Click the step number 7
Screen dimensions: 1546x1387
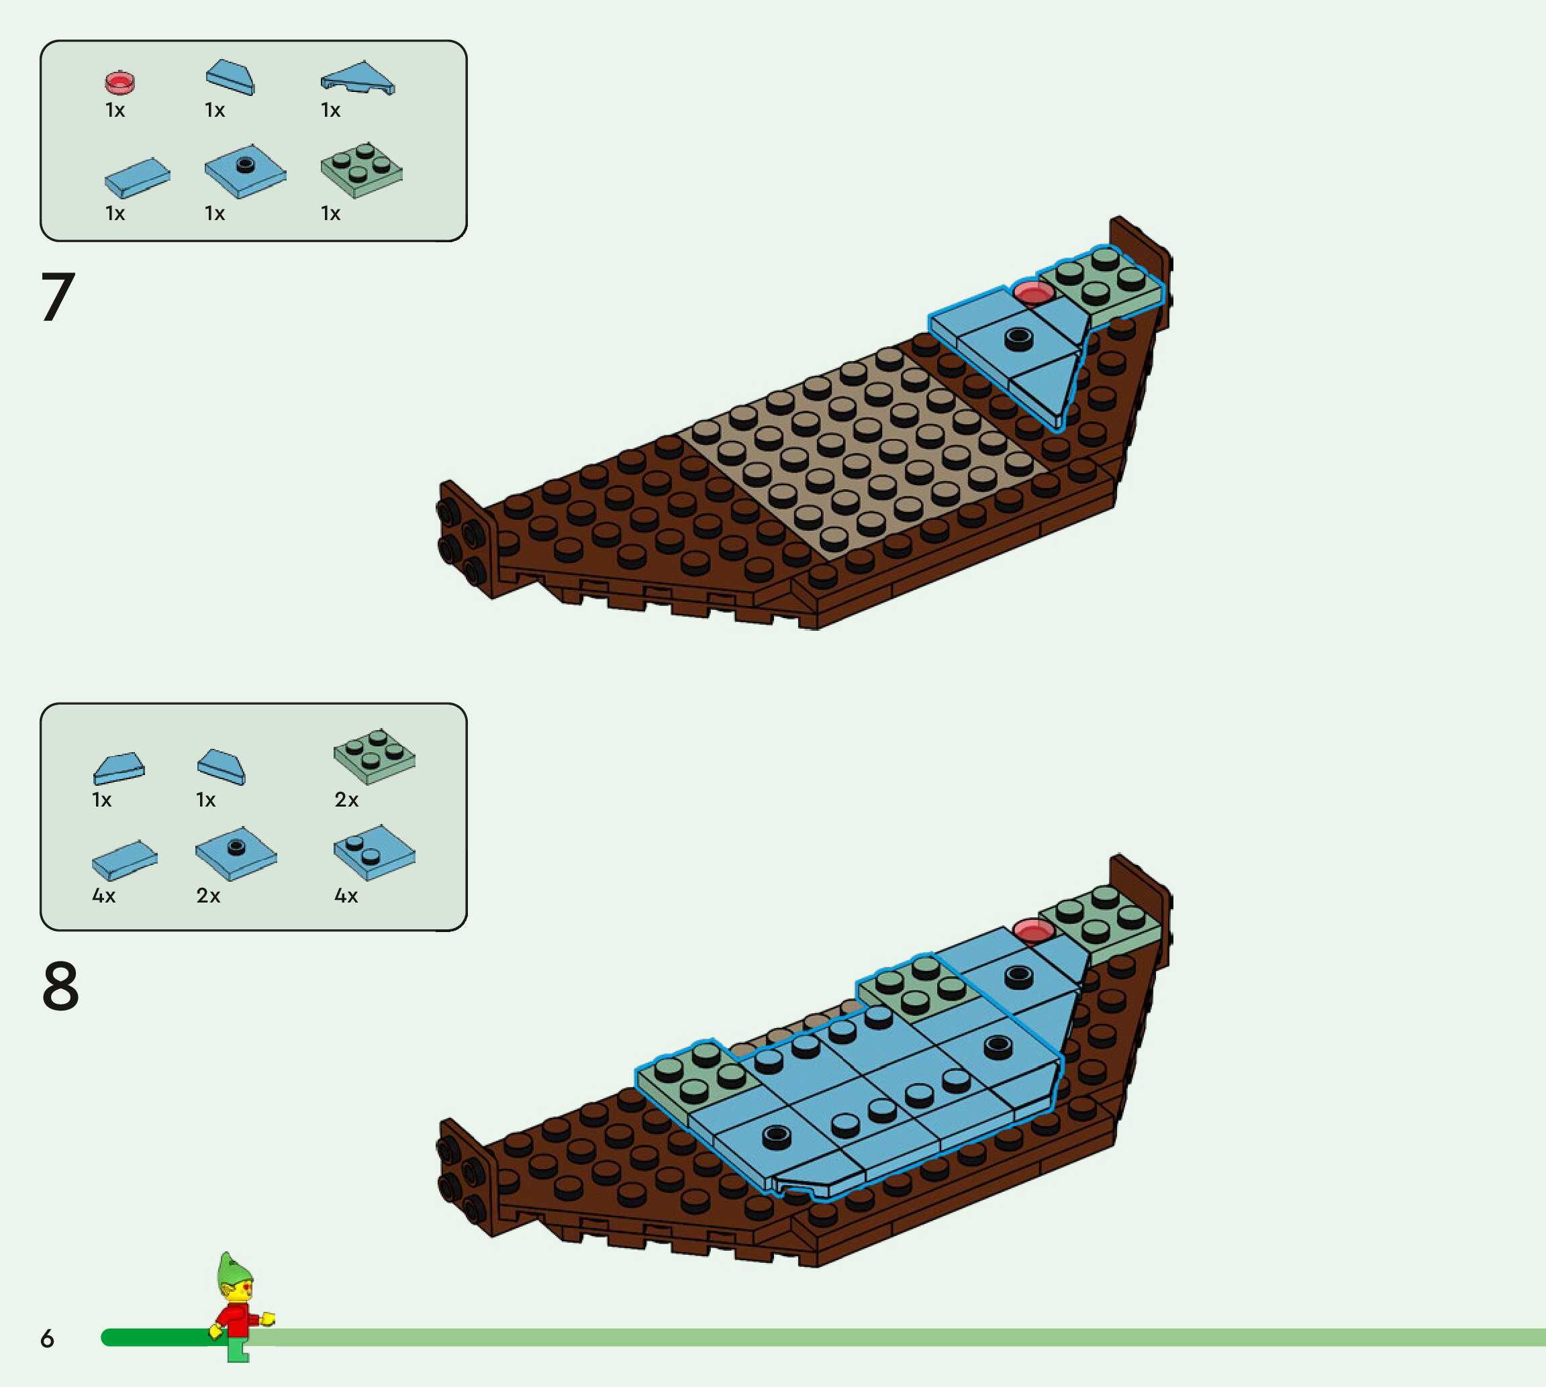pyautogui.click(x=57, y=297)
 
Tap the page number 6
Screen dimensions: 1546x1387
pyautogui.click(x=47, y=1338)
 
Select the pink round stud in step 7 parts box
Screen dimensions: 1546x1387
pyautogui.click(x=119, y=82)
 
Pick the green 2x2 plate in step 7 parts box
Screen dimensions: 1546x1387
pyautogui.click(x=361, y=169)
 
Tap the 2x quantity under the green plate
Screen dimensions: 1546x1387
pyautogui.click(x=346, y=799)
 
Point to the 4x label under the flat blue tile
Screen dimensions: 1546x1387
pyautogui.click(x=103, y=895)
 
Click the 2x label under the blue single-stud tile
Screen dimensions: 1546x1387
pyautogui.click(x=208, y=895)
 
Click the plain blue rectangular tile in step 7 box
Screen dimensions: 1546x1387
pyautogui.click(x=137, y=178)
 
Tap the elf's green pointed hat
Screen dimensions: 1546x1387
pyautogui.click(x=232, y=1270)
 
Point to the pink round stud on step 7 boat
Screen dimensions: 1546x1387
pyautogui.click(x=1033, y=293)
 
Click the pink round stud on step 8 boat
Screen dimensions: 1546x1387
pyautogui.click(x=1033, y=930)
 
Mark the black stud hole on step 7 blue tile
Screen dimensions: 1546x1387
pyautogui.click(x=1018, y=338)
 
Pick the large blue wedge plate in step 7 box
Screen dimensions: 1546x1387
pyautogui.click(x=358, y=78)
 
